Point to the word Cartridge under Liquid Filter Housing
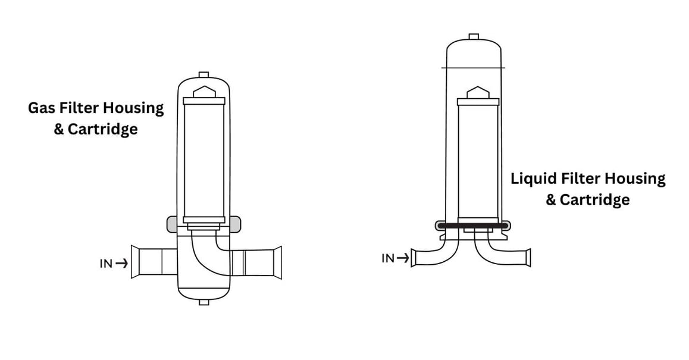pos(596,199)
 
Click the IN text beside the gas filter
pos(106,264)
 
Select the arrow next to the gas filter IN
pos(121,264)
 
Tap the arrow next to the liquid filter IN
pos(402,258)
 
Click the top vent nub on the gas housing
pos(203,74)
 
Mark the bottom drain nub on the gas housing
pos(203,302)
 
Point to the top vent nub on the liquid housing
pos(473,36)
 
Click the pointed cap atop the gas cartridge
pos(203,92)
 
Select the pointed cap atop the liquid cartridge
pos(473,92)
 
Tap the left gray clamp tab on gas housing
pos(171,224)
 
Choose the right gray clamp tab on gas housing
pos(236,224)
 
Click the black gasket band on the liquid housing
pos(473,226)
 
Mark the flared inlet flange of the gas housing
pos(134,262)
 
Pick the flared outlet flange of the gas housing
pos(277,262)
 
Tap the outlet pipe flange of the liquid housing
pos(527,258)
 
